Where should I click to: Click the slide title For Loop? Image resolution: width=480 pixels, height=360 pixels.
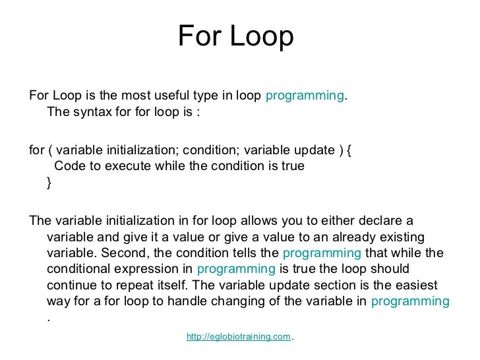pyautogui.click(x=235, y=38)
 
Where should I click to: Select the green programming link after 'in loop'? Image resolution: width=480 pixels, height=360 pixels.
pyautogui.click(x=305, y=95)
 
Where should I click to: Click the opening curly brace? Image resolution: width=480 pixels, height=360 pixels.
pyautogui.click(x=349, y=150)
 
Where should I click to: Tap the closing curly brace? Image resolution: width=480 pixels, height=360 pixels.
pyautogui.click(x=49, y=183)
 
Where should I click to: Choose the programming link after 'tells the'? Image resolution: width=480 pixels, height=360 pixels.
pyautogui.click(x=321, y=253)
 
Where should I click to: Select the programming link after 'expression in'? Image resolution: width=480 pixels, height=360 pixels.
pyautogui.click(x=236, y=269)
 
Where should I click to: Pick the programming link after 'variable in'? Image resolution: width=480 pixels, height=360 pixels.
pyautogui.click(x=410, y=301)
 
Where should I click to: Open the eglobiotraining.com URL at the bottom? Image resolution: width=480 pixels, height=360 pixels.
pyautogui.click(x=239, y=337)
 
